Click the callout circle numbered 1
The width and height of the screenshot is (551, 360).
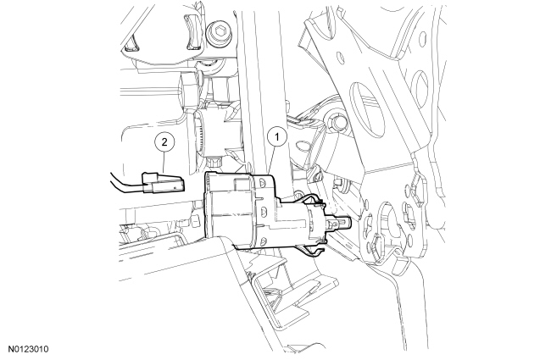pos(277,136)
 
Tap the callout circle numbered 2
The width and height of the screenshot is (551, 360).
pos(164,142)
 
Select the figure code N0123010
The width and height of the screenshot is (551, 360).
pos(29,349)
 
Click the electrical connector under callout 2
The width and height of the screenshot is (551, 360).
pos(163,182)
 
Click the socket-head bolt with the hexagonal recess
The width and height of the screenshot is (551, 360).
pos(220,32)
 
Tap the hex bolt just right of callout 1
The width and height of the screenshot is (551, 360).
pos(337,123)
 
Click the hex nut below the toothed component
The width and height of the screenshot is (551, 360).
pos(214,162)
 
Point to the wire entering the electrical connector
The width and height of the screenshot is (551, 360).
pos(125,183)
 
